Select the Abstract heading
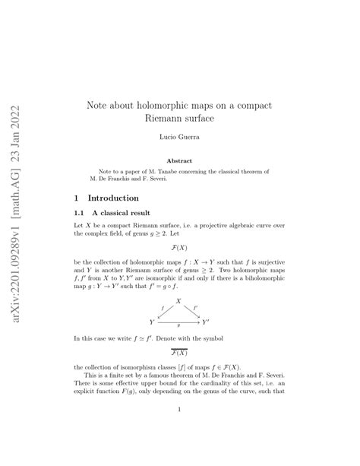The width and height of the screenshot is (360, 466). [x=179, y=160]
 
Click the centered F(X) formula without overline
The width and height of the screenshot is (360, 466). [x=179, y=248]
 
